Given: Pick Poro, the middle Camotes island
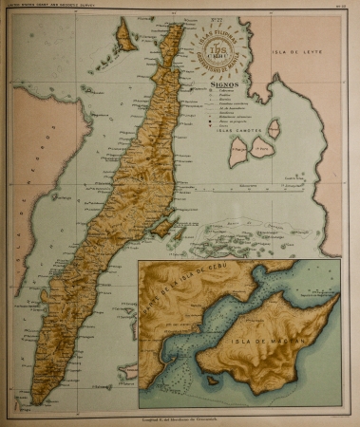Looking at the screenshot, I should tap(257, 145).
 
